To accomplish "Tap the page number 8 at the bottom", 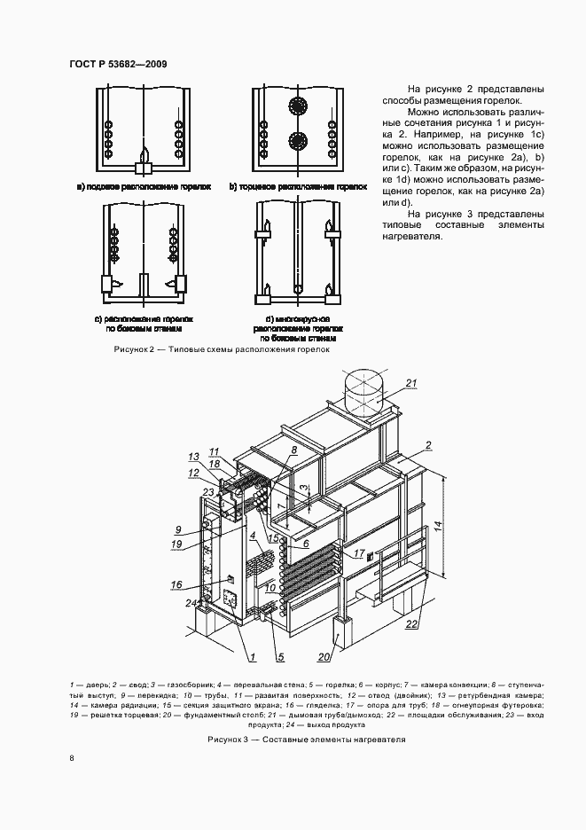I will pyautogui.click(x=71, y=758).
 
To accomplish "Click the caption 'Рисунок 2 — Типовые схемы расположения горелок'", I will pyautogui.click(x=222, y=349).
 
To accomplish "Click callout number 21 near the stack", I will pyautogui.click(x=410, y=383).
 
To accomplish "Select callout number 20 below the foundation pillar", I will pyautogui.click(x=325, y=657).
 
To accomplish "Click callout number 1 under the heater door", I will pyautogui.click(x=252, y=657).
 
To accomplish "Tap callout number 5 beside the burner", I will pyautogui.click(x=280, y=657).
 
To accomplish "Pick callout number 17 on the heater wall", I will pyautogui.click(x=359, y=554).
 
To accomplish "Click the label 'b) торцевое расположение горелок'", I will pyautogui.click(x=298, y=187).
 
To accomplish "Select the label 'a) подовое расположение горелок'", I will pyautogui.click(x=143, y=187).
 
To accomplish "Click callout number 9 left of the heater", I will pyautogui.click(x=177, y=529).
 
